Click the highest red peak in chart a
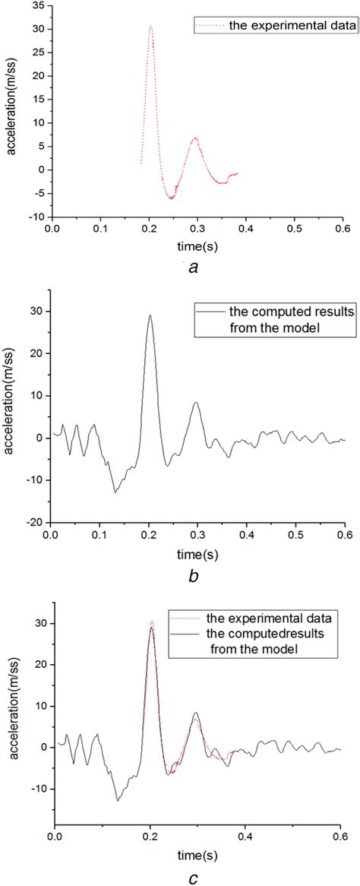click(151, 27)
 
